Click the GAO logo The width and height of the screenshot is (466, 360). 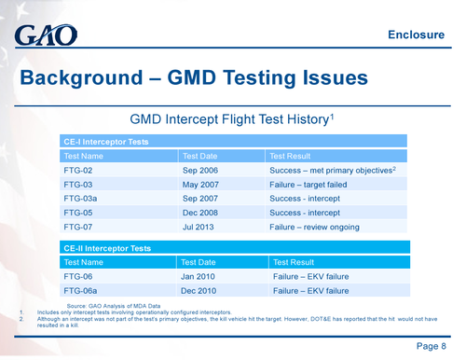(46, 36)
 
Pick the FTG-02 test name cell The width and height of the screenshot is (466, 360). (77, 172)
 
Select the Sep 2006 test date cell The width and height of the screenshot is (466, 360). (200, 172)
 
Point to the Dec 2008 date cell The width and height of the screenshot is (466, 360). (200, 213)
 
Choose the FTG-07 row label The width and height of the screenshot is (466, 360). (77, 227)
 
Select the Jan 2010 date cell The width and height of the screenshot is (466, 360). (199, 277)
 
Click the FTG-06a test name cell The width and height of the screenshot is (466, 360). (80, 291)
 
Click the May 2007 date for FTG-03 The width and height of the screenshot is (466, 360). (201, 185)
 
